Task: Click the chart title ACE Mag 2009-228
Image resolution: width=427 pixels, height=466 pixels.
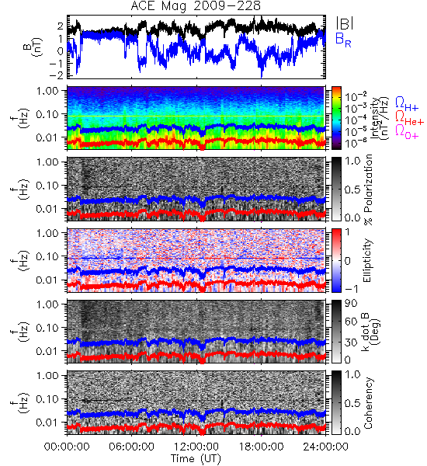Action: click(x=196, y=5)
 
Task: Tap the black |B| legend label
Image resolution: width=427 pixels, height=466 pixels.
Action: click(x=345, y=23)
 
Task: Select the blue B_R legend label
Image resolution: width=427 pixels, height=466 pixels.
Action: click(x=343, y=40)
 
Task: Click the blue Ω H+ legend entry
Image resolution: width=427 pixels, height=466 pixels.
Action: click(x=407, y=104)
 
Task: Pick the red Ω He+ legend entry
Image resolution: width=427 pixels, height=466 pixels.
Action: click(x=409, y=118)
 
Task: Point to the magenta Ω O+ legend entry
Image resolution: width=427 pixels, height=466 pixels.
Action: click(x=407, y=131)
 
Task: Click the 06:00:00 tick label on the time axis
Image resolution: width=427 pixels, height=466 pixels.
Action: click(x=132, y=447)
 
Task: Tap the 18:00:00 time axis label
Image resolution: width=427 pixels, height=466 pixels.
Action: click(x=261, y=447)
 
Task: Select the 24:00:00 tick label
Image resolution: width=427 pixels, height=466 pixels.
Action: click(x=325, y=447)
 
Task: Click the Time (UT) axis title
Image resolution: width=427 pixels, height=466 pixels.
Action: click(x=196, y=458)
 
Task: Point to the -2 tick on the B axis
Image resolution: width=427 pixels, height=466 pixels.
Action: click(x=57, y=75)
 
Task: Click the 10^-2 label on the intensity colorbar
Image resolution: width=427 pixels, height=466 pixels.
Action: click(x=352, y=96)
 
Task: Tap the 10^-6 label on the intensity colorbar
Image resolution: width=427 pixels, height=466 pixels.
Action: click(x=352, y=143)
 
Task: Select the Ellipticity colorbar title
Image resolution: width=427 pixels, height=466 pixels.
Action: click(x=367, y=261)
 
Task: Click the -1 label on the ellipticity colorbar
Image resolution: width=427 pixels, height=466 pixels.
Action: click(x=351, y=289)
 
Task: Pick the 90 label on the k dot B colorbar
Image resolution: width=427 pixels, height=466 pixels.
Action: click(x=351, y=304)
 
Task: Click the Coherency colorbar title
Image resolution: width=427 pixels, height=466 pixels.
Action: click(x=367, y=403)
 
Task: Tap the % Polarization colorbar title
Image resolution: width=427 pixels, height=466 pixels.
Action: click(x=368, y=190)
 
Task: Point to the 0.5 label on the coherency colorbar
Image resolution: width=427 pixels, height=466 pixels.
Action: click(x=352, y=403)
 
